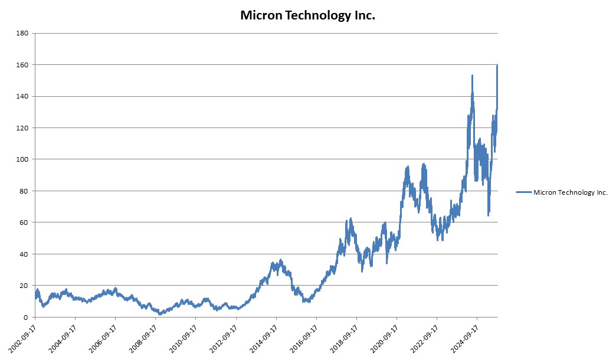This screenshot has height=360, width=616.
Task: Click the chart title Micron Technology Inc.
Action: point(307,15)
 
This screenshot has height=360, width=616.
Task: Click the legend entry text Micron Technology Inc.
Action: point(570,192)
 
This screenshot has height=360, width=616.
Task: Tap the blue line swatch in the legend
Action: point(523,192)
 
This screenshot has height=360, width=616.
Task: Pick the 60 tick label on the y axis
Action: point(24,222)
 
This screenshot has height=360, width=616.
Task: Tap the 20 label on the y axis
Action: point(24,286)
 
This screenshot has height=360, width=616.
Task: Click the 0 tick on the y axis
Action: point(26,318)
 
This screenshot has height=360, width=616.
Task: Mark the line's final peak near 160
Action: point(497,65)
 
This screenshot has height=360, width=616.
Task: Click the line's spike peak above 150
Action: point(472,76)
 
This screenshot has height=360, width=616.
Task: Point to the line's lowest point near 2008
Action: point(160,314)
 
